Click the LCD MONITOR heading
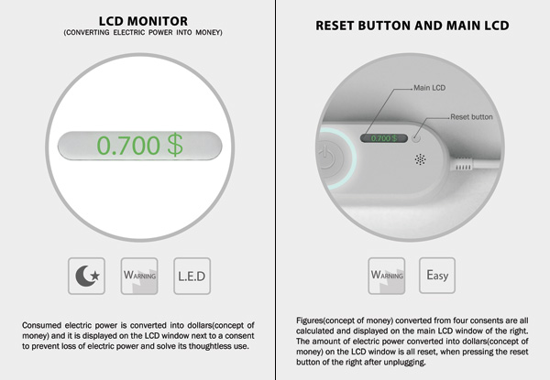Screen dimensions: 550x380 pyautogui.click(x=143, y=21)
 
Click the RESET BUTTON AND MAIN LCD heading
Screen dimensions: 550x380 pyautogui.click(x=412, y=26)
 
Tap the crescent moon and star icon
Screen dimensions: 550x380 pyautogui.click(x=87, y=276)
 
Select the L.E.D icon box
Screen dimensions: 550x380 pyautogui.click(x=192, y=276)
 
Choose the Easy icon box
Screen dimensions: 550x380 pyautogui.click(x=437, y=276)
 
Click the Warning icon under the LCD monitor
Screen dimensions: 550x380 pyautogui.click(x=139, y=276)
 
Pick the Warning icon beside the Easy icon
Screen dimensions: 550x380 pyautogui.click(x=387, y=276)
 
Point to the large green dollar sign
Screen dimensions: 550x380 pyautogui.click(x=175, y=145)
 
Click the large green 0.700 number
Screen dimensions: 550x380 pyautogui.click(x=128, y=145)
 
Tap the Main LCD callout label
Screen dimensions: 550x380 pyautogui.click(x=429, y=88)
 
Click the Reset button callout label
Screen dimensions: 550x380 pyautogui.click(x=471, y=116)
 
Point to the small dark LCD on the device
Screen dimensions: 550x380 pyautogui.click(x=384, y=138)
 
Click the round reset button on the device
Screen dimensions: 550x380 pyautogui.click(x=416, y=138)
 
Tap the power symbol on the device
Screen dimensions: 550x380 pyautogui.click(x=327, y=157)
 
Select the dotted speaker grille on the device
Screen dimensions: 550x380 pyautogui.click(x=420, y=159)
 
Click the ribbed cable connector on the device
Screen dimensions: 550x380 pyautogui.click(x=463, y=167)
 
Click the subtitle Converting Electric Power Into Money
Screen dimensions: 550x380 pyautogui.click(x=143, y=33)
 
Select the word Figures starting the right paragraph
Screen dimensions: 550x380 pyautogui.click(x=310, y=320)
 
